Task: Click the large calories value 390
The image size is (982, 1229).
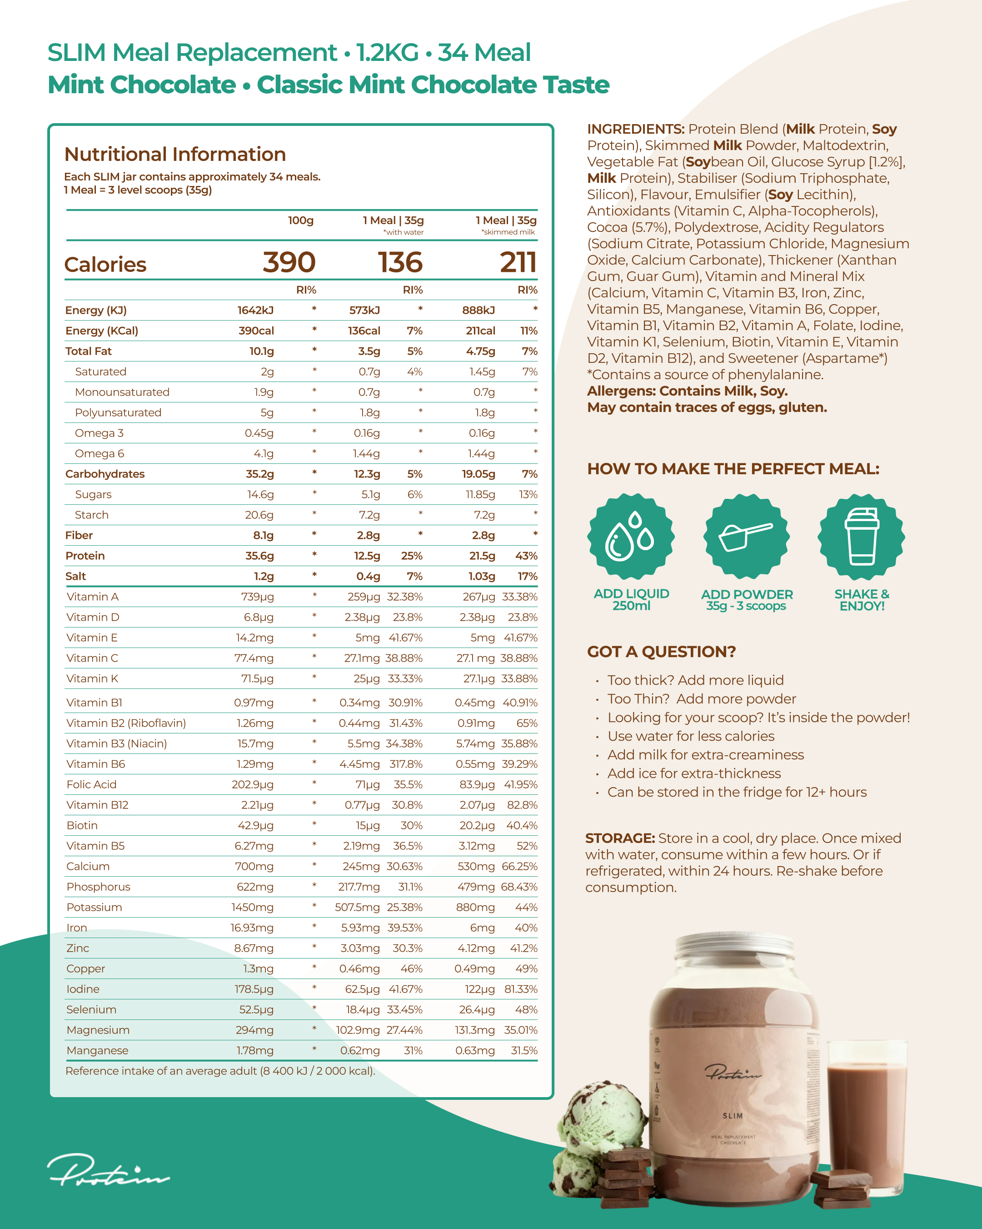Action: click(x=289, y=263)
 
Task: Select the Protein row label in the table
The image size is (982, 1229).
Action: click(x=85, y=556)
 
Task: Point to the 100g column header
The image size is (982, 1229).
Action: click(x=300, y=221)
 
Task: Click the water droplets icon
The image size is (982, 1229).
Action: click(x=631, y=537)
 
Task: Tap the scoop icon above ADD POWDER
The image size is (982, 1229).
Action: click(x=746, y=537)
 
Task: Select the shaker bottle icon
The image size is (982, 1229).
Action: click(x=861, y=537)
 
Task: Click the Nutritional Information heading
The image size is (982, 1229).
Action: click(x=175, y=155)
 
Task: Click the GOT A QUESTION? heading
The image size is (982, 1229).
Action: click(x=661, y=652)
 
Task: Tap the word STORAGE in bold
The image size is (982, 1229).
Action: click(x=620, y=838)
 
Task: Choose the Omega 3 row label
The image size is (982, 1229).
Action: click(x=99, y=433)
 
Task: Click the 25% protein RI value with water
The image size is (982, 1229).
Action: click(x=411, y=556)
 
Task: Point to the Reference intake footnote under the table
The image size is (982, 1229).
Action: click(x=220, y=1071)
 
